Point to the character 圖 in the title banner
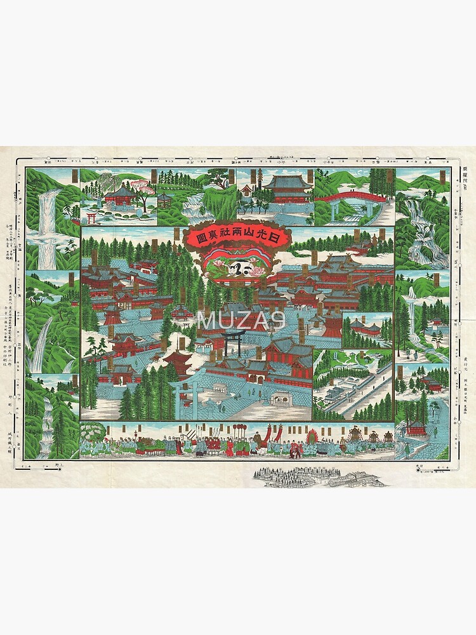pos(196,239)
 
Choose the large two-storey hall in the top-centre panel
pos(288,189)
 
